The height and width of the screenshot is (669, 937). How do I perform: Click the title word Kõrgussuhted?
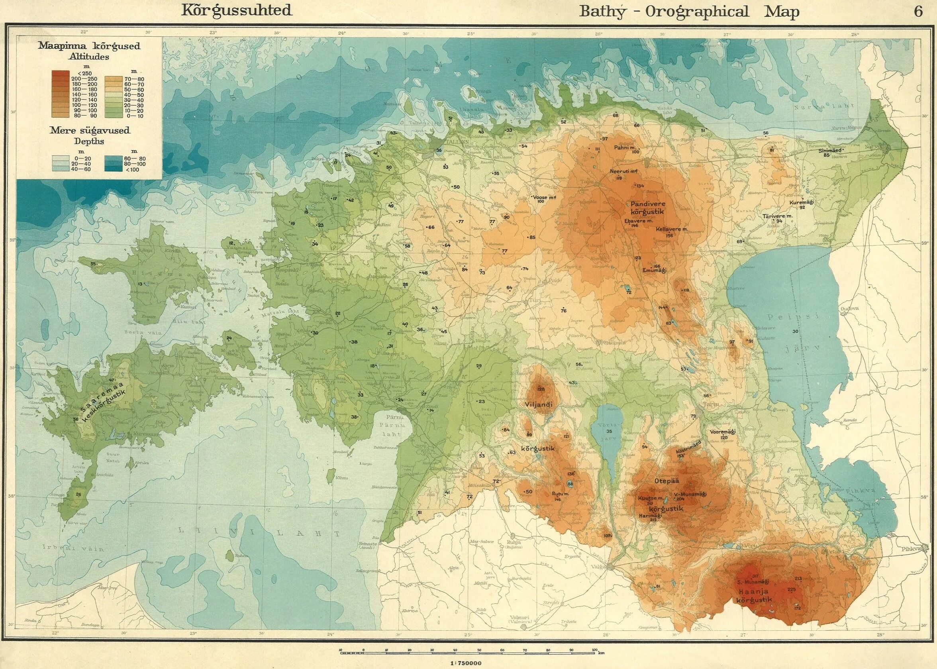click(237, 10)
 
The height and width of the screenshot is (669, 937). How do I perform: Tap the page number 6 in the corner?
click(918, 12)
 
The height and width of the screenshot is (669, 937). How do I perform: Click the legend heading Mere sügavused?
click(90, 131)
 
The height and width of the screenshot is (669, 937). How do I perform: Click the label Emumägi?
click(655, 271)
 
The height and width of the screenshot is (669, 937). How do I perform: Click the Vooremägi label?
click(723, 432)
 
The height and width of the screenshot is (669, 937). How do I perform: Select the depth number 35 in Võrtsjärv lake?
click(609, 431)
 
